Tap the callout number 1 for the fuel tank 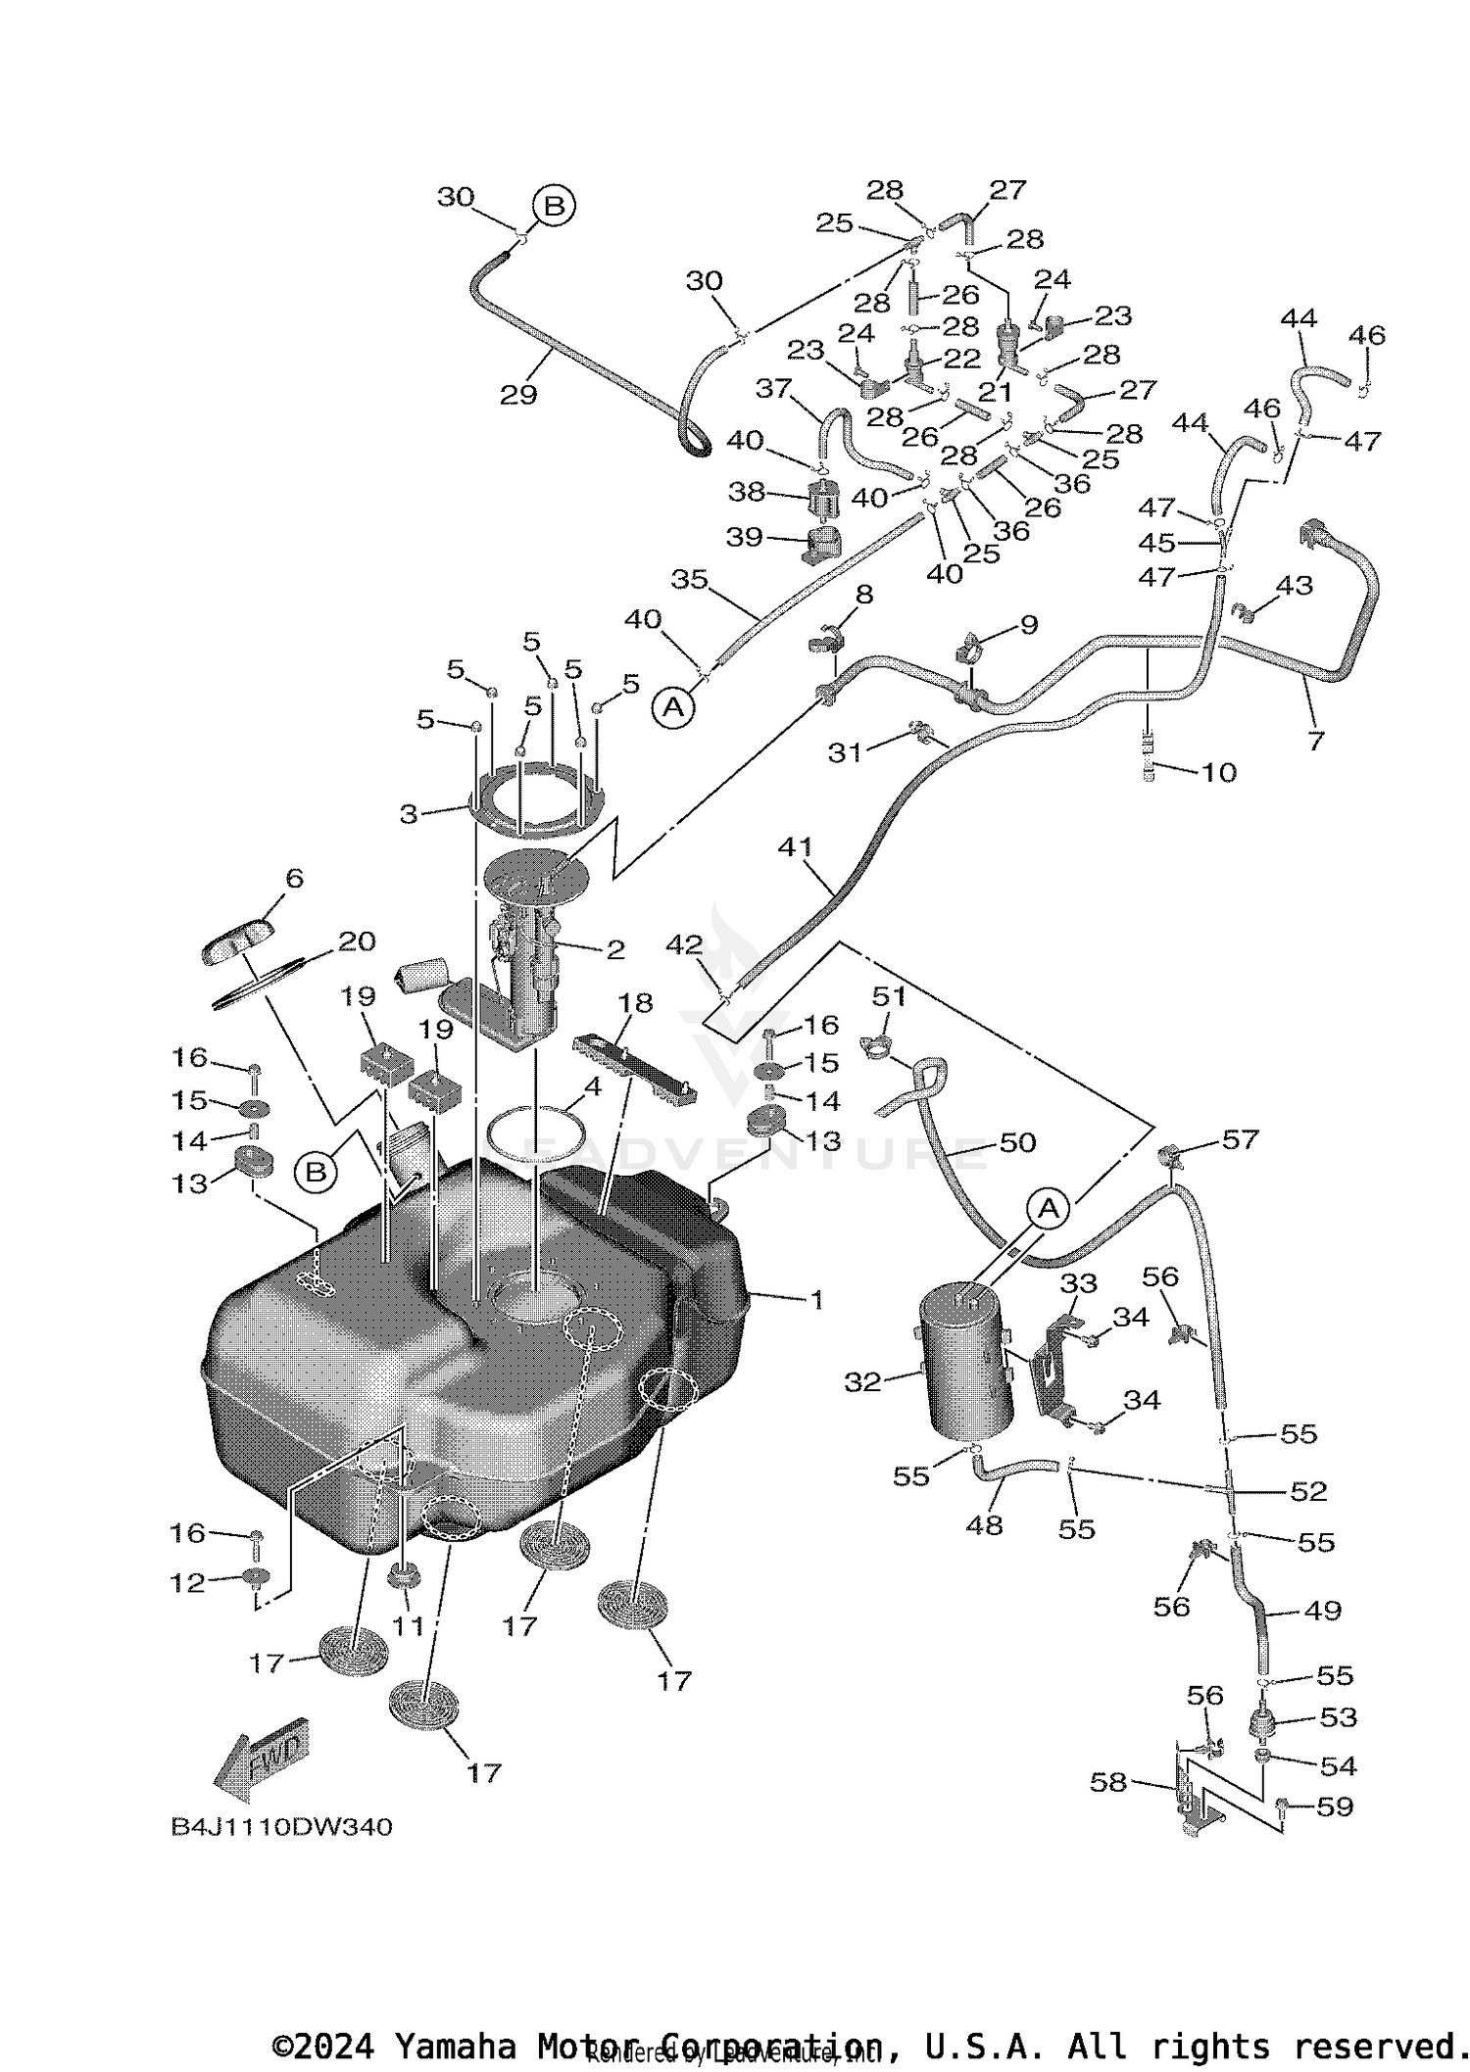pyautogui.click(x=815, y=1300)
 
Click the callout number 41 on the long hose pyautogui.click(x=795, y=845)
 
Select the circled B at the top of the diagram pyautogui.click(x=554, y=207)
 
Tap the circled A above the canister pyautogui.click(x=1049, y=1209)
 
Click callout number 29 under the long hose pyautogui.click(x=518, y=394)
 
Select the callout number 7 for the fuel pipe pyautogui.click(x=1315, y=740)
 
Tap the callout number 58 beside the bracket pyautogui.click(x=1108, y=1782)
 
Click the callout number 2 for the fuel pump pyautogui.click(x=615, y=948)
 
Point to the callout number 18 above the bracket pyautogui.click(x=635, y=1002)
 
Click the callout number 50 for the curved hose pyautogui.click(x=1017, y=1142)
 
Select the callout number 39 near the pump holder pyautogui.click(x=744, y=537)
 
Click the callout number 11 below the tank pyautogui.click(x=408, y=1625)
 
